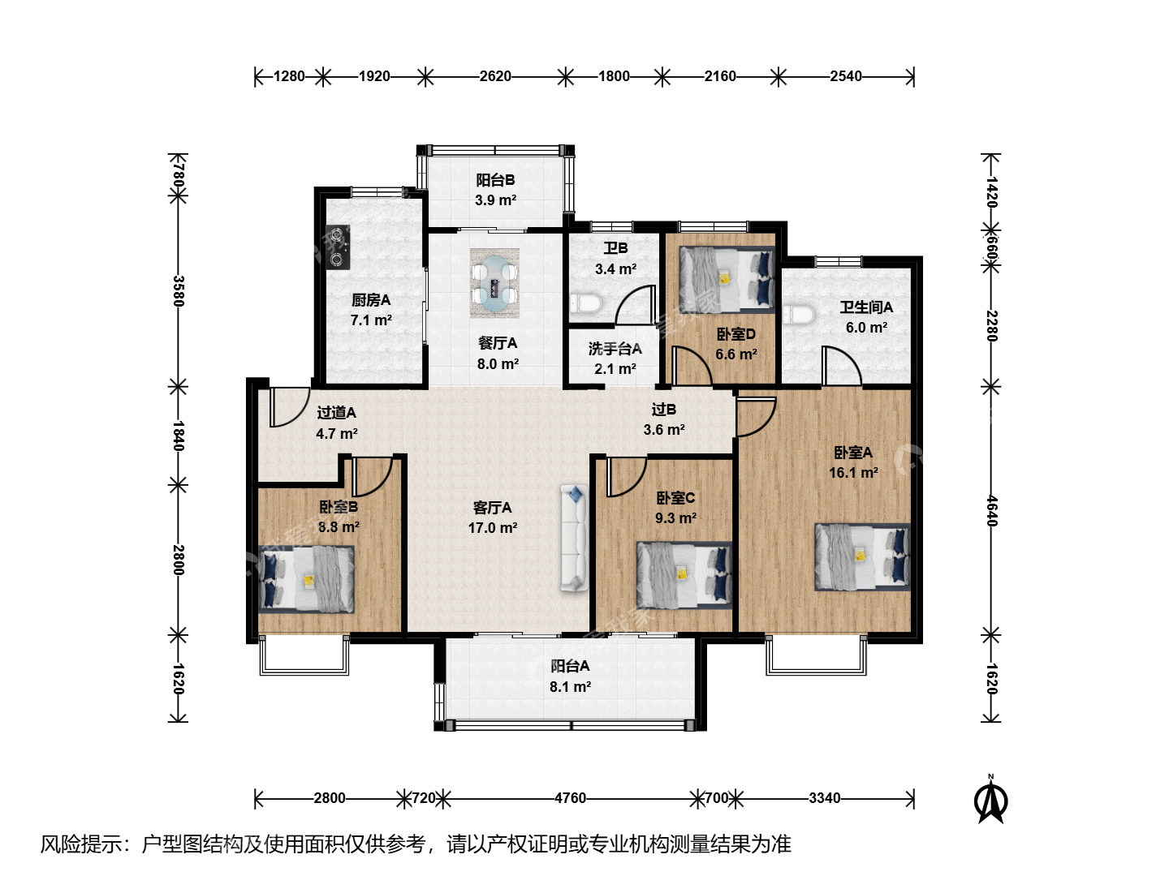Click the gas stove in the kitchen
[x=339, y=247]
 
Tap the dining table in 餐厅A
[x=494, y=284]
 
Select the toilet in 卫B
[x=586, y=304]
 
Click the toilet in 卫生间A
[x=799, y=315]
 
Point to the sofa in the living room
[x=574, y=538]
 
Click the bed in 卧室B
[x=306, y=579]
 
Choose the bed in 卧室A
[x=862, y=556]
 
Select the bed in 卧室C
[x=684, y=575]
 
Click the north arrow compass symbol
[x=991, y=800]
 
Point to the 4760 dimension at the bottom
[x=570, y=798]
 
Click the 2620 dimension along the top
[x=495, y=76]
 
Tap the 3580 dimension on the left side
[x=179, y=291]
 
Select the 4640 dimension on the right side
[x=991, y=511]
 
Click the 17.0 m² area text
[x=493, y=527]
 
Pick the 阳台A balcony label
[x=570, y=666]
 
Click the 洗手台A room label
[x=615, y=349]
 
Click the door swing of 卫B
[x=636, y=305]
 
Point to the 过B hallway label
[x=663, y=409]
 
